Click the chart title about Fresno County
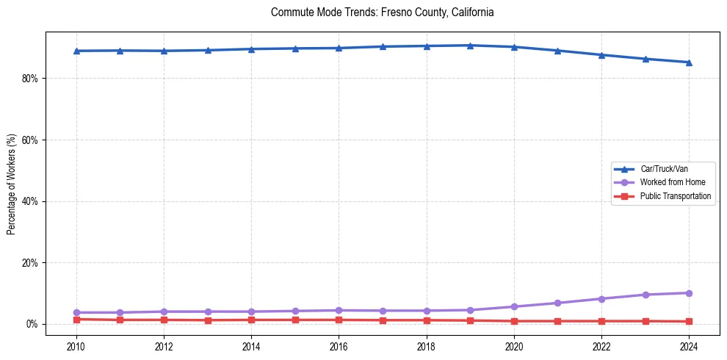click(382, 12)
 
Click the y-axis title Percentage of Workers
click(11, 184)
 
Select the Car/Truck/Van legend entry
click(664, 169)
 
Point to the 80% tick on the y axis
click(30, 79)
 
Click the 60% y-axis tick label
click(30, 140)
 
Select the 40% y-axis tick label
click(30, 201)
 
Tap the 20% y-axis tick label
click(30, 263)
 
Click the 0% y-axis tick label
click(32, 324)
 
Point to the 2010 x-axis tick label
click(76, 346)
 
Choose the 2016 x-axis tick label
click(339, 346)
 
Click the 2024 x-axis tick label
click(689, 346)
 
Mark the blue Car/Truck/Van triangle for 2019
click(470, 46)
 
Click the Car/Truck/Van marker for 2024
click(689, 62)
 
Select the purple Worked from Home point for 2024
click(689, 293)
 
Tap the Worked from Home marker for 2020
click(514, 306)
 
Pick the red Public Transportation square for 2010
click(76, 319)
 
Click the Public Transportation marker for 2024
click(689, 321)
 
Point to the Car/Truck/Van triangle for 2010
click(76, 51)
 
